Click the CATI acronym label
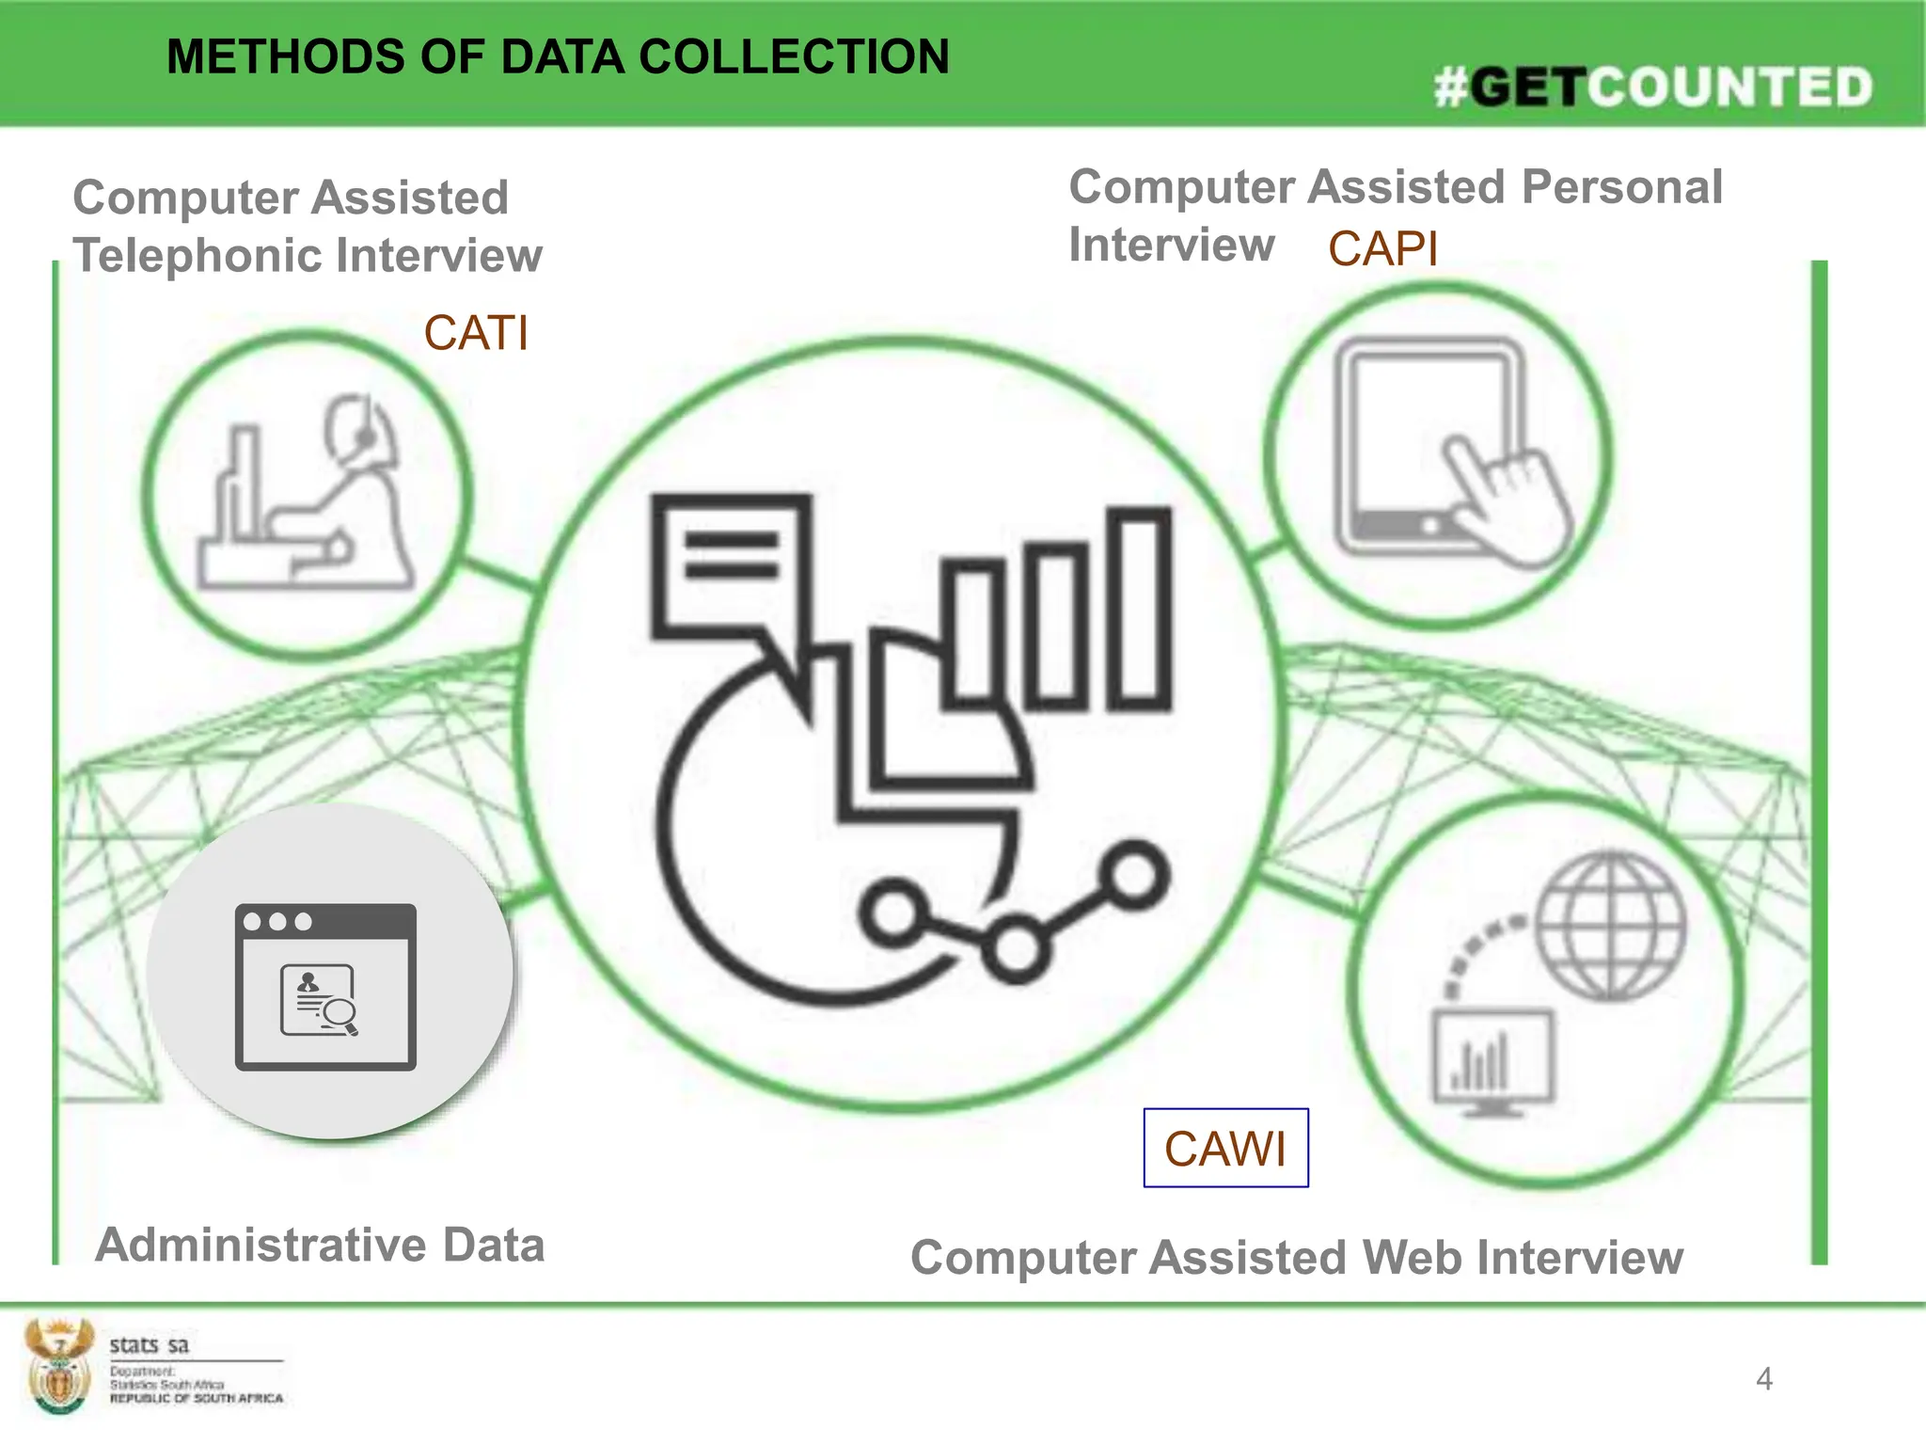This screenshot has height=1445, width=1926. [x=476, y=333]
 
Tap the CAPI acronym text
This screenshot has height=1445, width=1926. [x=1382, y=249]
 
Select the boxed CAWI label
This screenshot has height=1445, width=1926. [x=1225, y=1149]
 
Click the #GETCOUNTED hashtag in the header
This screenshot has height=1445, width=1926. [x=1653, y=87]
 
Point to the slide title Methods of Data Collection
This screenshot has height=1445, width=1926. [x=558, y=56]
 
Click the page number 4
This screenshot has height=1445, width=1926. [x=1763, y=1379]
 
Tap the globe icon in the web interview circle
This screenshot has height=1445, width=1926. [x=1611, y=926]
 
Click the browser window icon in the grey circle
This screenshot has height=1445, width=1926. [x=325, y=987]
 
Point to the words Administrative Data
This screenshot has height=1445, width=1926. [x=320, y=1245]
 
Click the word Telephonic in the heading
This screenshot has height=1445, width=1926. [x=197, y=256]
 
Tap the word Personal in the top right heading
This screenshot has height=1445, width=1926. [x=1621, y=186]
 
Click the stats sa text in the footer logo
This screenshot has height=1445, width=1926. [x=149, y=1344]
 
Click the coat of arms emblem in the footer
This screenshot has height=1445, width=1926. [x=58, y=1365]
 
